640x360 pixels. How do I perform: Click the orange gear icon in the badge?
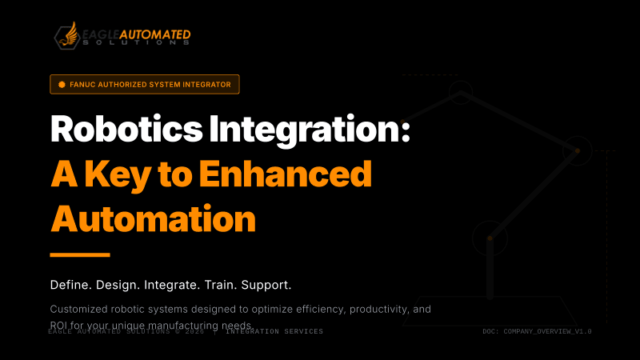[62, 84]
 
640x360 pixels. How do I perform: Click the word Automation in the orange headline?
[153, 217]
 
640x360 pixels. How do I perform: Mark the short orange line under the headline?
[79, 254]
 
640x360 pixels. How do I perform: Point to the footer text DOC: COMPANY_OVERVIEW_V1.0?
[537, 331]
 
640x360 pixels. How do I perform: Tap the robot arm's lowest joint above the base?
[489, 238]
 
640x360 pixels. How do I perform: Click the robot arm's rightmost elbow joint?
[575, 150]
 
